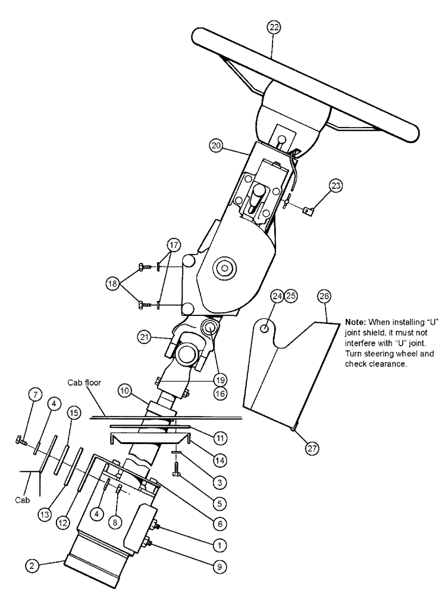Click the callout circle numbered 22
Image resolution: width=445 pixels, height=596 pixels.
pos(274,27)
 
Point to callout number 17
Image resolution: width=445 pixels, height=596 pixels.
pos(173,244)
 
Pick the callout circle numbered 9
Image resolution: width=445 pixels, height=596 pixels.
pos(219,567)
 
